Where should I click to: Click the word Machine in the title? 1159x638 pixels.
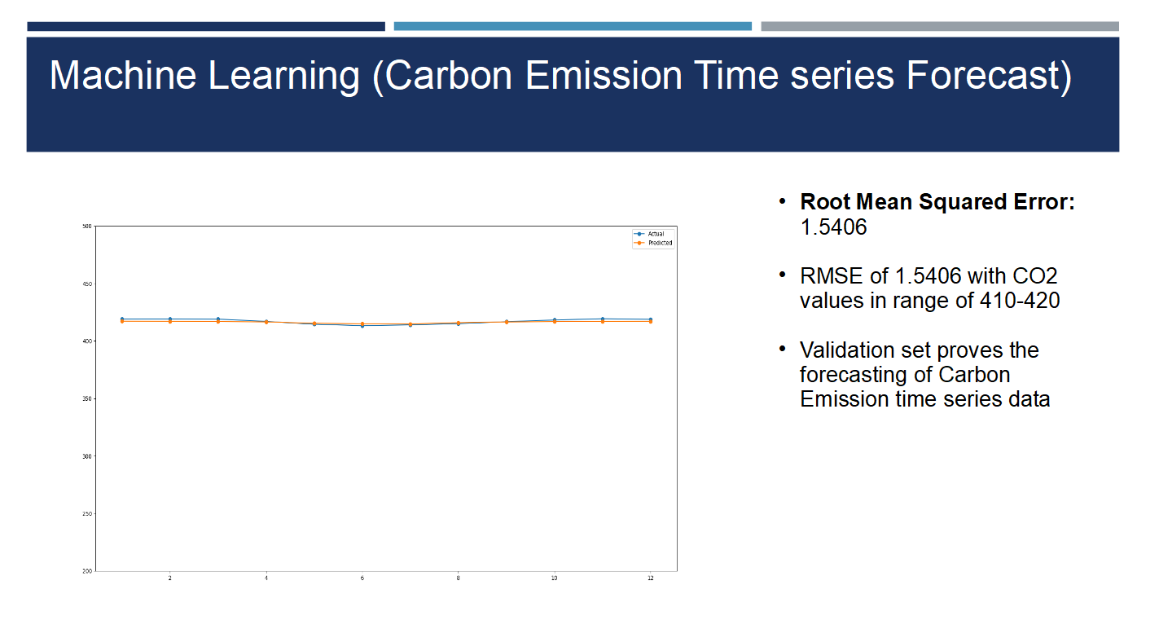click(123, 76)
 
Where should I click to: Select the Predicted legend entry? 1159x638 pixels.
click(653, 243)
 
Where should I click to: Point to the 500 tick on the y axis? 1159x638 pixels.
click(87, 227)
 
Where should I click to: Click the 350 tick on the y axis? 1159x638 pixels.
click(87, 399)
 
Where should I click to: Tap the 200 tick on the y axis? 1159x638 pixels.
click(87, 571)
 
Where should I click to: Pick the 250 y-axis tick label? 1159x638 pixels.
click(87, 514)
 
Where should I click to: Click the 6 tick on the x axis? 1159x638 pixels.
click(362, 578)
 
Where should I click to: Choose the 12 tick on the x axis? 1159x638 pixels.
click(651, 578)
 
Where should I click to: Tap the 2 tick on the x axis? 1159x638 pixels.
click(169, 578)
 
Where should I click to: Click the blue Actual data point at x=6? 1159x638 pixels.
click(362, 325)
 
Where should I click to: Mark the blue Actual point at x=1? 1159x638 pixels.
click(122, 319)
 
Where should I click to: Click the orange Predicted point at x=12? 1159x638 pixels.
click(651, 322)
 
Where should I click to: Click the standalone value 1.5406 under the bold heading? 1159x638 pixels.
click(833, 227)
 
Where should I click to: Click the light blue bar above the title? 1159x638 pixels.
click(573, 26)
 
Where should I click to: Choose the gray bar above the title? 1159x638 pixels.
click(940, 26)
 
